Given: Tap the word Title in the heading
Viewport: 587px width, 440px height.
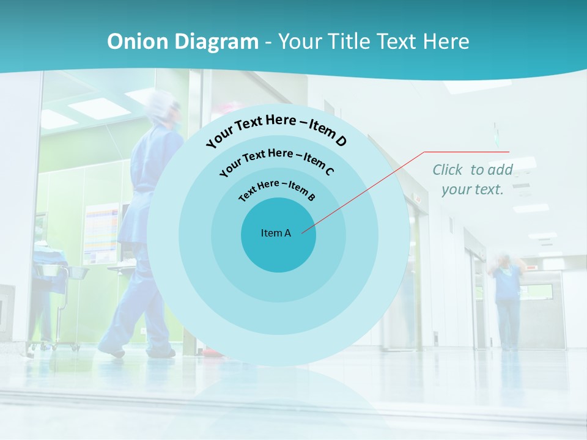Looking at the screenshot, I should tap(350, 42).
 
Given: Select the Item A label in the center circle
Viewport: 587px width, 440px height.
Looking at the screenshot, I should tap(276, 233).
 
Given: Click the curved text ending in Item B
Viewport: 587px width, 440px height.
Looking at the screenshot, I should tap(277, 190).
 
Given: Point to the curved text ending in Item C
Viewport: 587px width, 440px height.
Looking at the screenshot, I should tap(276, 161).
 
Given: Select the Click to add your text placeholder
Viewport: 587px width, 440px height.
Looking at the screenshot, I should tap(473, 179).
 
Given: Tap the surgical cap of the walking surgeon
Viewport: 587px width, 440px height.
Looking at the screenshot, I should tap(164, 105).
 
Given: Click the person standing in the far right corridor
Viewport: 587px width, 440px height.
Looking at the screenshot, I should tap(507, 299).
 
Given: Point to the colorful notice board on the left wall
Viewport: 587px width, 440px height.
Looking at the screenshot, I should tap(102, 233).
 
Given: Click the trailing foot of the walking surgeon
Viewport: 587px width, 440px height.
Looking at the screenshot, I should tap(111, 350).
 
